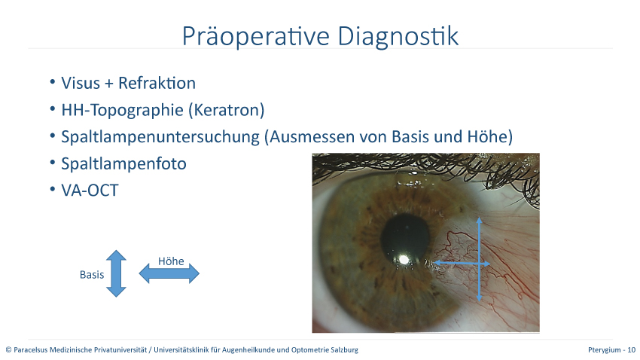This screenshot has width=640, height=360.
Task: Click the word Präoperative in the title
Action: coord(255,36)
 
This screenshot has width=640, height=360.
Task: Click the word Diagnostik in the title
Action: coord(398,36)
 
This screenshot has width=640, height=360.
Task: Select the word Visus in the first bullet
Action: coord(81,83)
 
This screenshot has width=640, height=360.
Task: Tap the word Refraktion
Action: coord(157,83)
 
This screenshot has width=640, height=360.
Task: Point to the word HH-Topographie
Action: coord(122,110)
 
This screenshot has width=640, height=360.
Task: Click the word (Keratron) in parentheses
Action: coord(226,110)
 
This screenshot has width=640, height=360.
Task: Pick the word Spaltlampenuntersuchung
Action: coord(160,137)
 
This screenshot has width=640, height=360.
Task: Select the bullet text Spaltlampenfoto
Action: coord(123,163)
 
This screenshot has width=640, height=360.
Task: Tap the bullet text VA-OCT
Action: coord(90,191)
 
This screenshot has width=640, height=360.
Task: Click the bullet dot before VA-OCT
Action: coord(52,189)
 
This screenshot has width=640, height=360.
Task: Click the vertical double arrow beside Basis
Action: coord(116,273)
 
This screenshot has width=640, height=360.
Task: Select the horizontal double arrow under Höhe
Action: coord(169,273)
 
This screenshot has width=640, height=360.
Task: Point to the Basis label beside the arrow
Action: coord(92,275)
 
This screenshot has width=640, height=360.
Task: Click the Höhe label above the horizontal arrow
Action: coord(171,261)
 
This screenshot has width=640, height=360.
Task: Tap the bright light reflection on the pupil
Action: coord(404,260)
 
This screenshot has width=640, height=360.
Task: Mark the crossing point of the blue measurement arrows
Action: coord(480,264)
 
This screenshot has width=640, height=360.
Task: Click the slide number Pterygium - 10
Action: coord(611,349)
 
